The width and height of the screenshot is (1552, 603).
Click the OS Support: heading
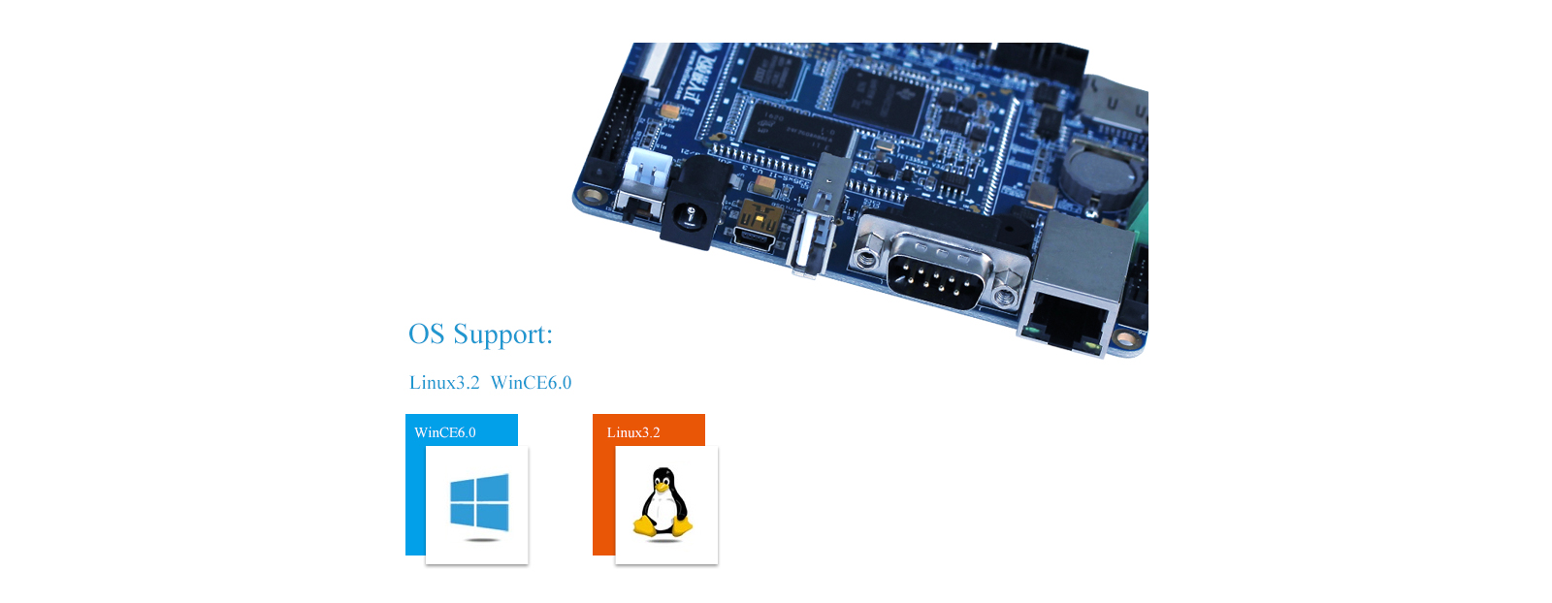pos(480,334)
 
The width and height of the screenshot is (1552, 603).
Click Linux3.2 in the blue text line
pos(444,383)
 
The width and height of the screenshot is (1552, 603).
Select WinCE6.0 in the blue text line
pos(531,383)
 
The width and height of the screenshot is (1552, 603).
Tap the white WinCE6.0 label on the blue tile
pos(445,432)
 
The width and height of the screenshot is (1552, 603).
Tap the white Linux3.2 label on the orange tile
pos(633,432)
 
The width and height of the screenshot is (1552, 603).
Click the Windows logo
pos(479,502)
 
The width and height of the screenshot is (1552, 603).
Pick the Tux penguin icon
pos(663,502)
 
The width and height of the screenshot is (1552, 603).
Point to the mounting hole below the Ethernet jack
pos(1124,339)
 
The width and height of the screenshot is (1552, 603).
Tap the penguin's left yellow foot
pos(644,526)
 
